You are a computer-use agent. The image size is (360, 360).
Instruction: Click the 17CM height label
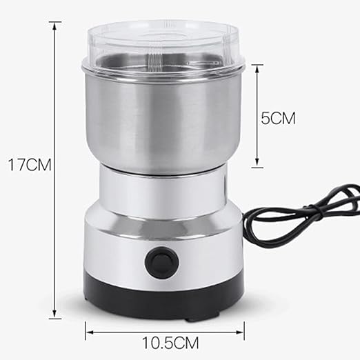30,164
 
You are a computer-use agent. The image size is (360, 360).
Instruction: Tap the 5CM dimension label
278,119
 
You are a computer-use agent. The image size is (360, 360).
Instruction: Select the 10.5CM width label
170,343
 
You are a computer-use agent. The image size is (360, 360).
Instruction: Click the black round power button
162,262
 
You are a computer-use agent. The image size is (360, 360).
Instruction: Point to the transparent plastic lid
163,46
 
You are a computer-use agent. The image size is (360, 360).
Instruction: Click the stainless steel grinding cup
163,119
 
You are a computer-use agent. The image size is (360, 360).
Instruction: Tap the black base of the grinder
163,299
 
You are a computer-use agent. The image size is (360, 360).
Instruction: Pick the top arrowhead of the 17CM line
54,26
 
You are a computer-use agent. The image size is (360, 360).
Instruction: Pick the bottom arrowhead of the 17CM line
54,314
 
